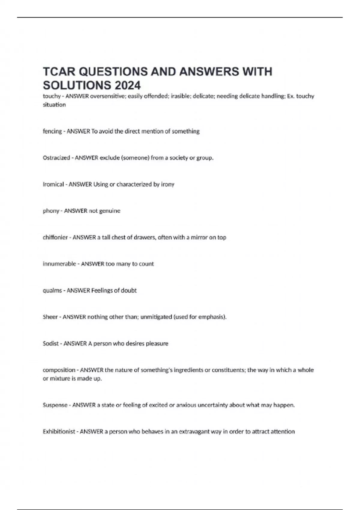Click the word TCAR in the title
tap(59, 72)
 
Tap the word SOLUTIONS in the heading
tap(76, 85)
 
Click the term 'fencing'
tap(52, 131)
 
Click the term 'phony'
tap(51, 211)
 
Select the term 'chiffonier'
tap(55, 237)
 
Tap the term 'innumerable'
tap(59, 264)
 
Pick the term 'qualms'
tap(52, 290)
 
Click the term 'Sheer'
tap(50, 317)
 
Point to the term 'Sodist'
tap(51, 343)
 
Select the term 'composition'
tap(59, 370)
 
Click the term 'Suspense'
tap(55, 405)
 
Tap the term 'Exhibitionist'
tap(59, 431)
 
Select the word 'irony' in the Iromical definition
tap(168, 184)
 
